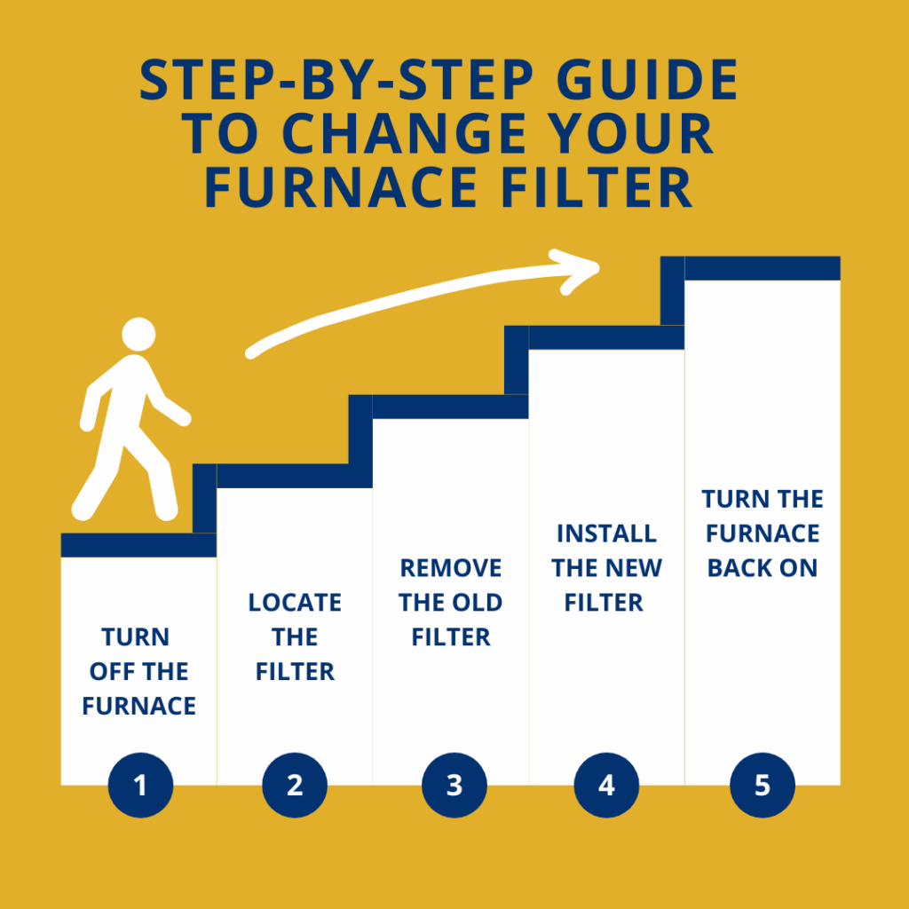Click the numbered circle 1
tap(139, 786)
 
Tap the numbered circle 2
tap(295, 786)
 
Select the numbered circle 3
tap(454, 786)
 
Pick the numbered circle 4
tap(606, 786)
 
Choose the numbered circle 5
tap(763, 786)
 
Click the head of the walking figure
tap(138, 335)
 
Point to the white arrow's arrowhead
tap(577, 269)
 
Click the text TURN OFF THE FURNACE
tap(139, 671)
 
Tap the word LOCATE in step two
tap(295, 602)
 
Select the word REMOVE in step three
tap(451, 568)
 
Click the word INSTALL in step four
tap(606, 534)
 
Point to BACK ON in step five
tap(763, 568)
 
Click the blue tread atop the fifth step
tap(763, 268)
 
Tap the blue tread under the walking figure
tap(138, 544)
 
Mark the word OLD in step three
tap(480, 603)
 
